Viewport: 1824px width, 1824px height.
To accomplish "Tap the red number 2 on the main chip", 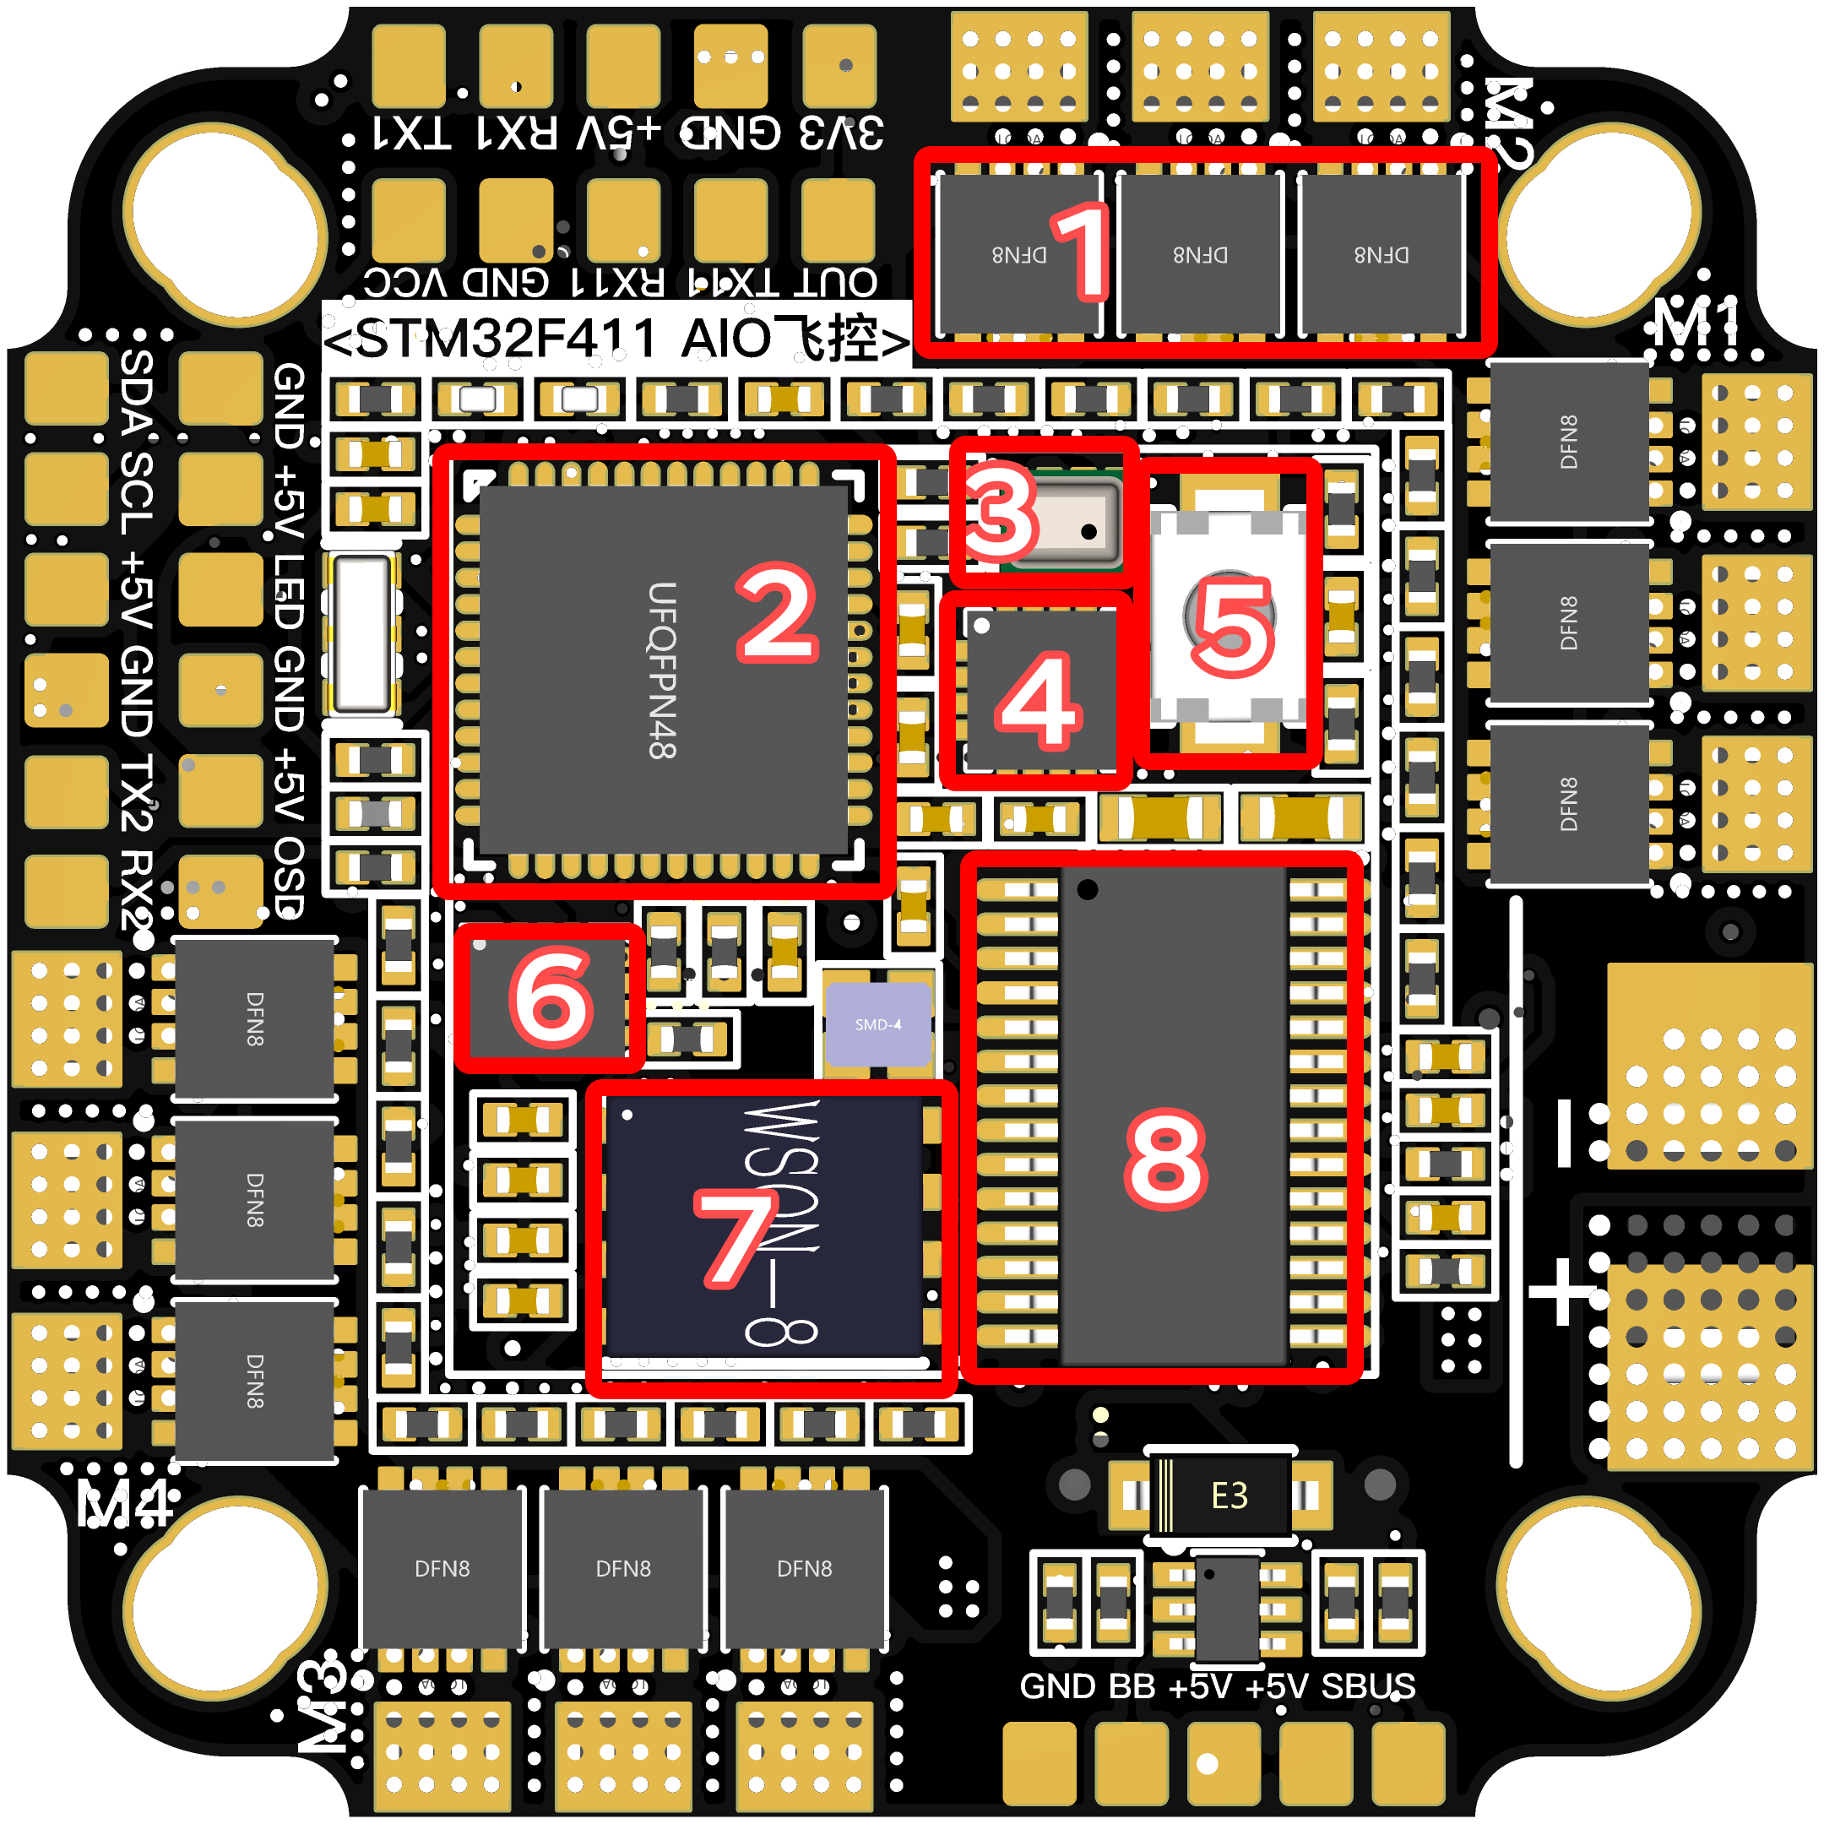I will [777, 614].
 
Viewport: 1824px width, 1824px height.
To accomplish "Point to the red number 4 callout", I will [1038, 703].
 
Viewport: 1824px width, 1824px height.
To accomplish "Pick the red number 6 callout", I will [551, 998].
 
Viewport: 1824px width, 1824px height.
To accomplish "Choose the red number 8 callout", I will [1166, 1160].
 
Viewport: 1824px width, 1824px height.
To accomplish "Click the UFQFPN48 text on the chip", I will [662, 670].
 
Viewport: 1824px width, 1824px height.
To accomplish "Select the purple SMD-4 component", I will [878, 1024].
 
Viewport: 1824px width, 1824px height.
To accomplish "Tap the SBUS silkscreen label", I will [1368, 1686].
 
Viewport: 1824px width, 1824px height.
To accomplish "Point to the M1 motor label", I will [1696, 323].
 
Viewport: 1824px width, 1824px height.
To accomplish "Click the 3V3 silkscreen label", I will [841, 133].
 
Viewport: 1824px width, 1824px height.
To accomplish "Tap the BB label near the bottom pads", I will [1131, 1686].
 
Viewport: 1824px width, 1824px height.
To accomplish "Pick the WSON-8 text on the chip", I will [782, 1224].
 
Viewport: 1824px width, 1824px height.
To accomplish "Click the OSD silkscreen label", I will [289, 877].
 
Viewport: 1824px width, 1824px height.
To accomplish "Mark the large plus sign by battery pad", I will [1562, 1291].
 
